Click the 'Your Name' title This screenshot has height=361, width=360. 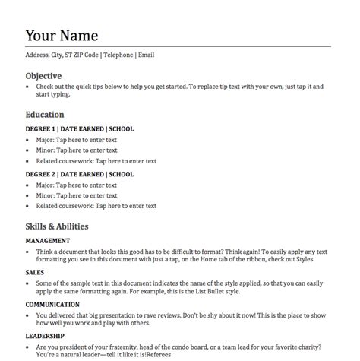click(62, 36)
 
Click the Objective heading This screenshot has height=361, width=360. click(43, 76)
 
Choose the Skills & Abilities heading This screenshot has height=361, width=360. click(57, 226)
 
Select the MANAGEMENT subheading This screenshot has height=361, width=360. click(48, 240)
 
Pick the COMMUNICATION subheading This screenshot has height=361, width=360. click(53, 305)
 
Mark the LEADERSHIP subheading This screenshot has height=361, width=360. click(45, 335)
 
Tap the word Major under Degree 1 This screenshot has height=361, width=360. click(45, 140)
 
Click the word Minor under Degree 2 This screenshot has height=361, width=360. click(45, 195)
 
